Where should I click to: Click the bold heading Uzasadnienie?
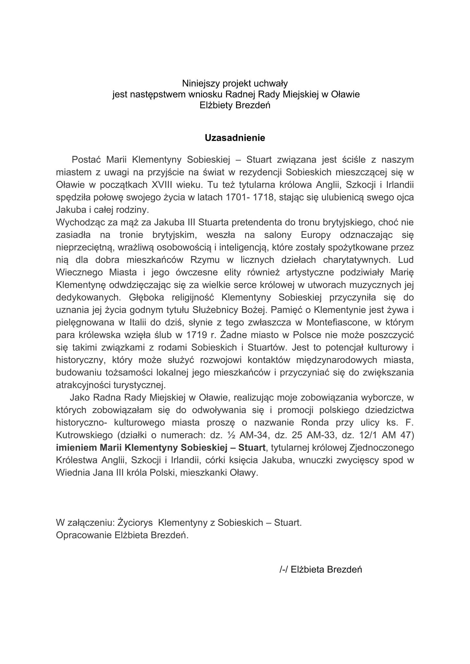click(x=235, y=138)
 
